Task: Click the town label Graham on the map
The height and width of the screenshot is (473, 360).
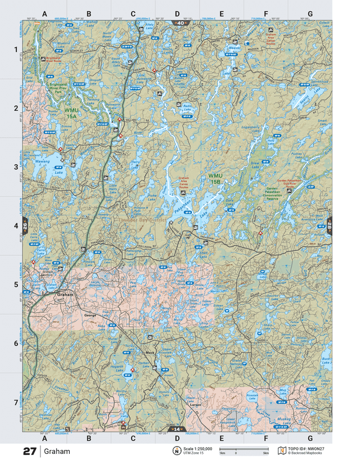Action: (x=65, y=294)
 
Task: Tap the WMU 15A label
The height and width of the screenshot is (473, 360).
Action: (x=71, y=113)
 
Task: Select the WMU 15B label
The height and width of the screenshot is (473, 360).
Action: (x=214, y=179)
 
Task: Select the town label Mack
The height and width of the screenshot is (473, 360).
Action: (x=149, y=353)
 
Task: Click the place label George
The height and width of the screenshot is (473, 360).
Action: (x=90, y=316)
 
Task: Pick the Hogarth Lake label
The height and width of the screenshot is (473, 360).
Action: (x=116, y=368)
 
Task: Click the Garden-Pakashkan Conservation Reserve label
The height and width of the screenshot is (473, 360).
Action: (x=272, y=193)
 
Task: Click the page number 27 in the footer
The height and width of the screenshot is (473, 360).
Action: (x=30, y=452)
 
